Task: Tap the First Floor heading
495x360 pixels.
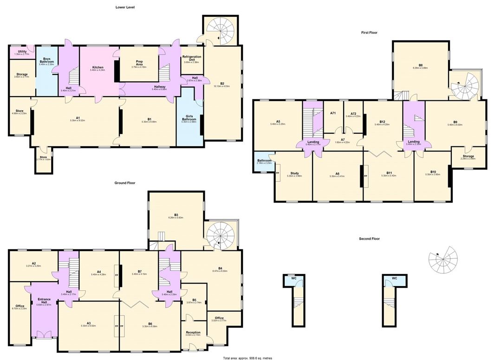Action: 371,33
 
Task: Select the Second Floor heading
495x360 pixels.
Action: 369,239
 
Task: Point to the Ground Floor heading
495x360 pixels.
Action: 125,183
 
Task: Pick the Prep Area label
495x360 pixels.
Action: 139,63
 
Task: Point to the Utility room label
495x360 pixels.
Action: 22,52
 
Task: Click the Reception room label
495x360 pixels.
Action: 193,333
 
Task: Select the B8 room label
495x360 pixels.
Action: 420,65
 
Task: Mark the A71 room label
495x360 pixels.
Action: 333,113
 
